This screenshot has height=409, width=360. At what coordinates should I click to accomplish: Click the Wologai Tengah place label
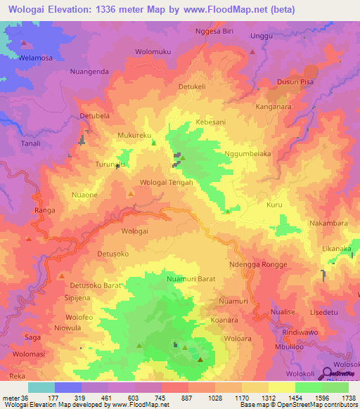click(167, 183)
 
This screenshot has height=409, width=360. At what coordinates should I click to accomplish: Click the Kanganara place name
click(276, 108)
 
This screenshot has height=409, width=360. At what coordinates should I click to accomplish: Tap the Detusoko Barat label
click(96, 285)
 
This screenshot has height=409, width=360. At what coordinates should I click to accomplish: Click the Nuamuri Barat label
click(191, 279)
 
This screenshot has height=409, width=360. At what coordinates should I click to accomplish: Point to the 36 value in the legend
click(25, 397)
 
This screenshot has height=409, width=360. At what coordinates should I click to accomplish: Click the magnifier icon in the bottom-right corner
click(328, 374)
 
